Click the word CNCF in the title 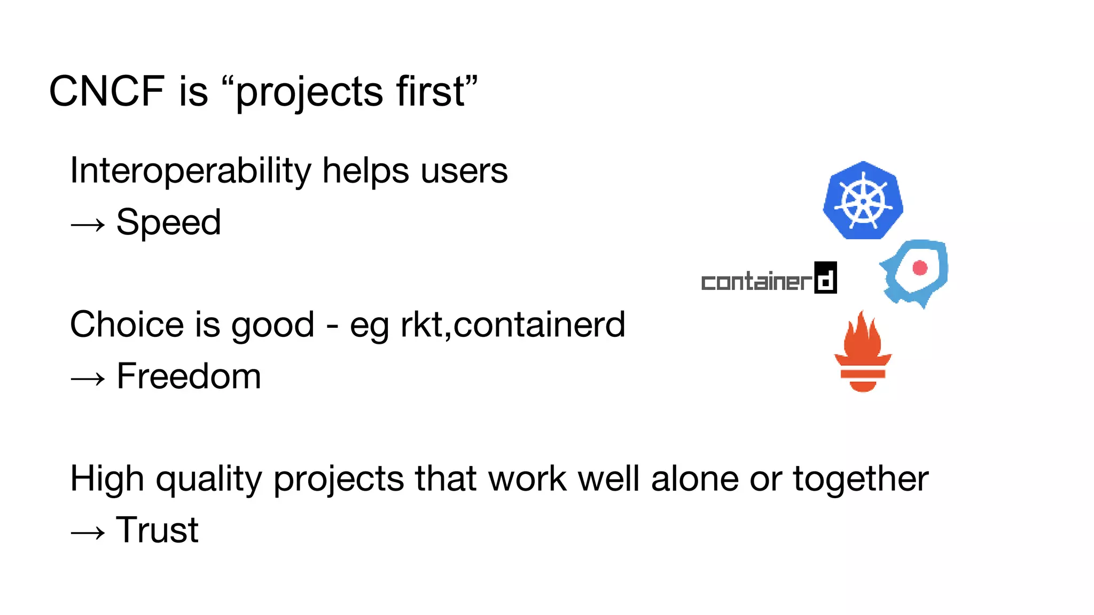point(106,91)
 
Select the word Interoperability point(190,171)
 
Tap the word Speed point(168,222)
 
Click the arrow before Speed point(88,225)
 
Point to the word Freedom point(189,376)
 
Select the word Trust point(157,530)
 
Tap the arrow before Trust point(88,533)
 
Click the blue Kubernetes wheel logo point(863,201)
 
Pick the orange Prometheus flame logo point(863,352)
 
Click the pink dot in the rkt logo point(920,267)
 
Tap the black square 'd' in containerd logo point(825,278)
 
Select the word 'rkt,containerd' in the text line point(513,325)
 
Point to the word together point(861,479)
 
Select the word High point(107,479)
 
